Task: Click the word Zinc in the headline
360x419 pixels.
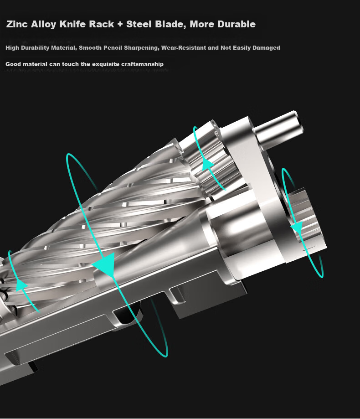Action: coord(16,24)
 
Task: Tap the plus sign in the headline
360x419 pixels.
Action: coord(120,24)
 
